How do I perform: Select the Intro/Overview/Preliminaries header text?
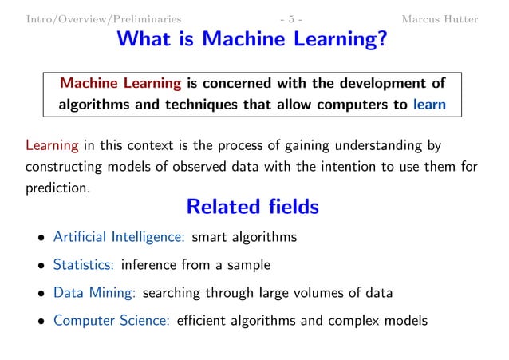point(103,18)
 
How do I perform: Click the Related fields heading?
point(252,208)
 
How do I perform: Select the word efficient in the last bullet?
point(204,321)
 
